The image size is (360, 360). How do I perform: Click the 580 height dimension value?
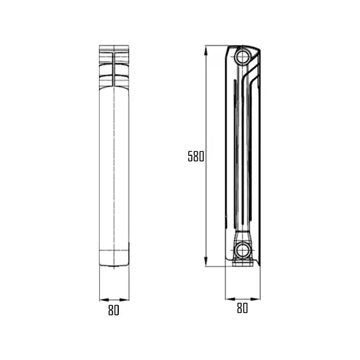tap(195, 157)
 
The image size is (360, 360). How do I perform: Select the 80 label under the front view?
tap(114, 309)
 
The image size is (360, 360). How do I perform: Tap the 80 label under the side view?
tap(241, 308)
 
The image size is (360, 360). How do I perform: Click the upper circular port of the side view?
tap(242, 56)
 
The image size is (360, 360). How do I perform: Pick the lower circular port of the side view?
tap(242, 249)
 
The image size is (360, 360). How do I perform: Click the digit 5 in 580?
tap(190, 157)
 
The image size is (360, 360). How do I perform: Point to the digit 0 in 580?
tap(201, 157)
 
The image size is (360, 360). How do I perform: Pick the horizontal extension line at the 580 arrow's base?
tap(215, 266)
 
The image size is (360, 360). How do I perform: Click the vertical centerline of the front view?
tap(114, 162)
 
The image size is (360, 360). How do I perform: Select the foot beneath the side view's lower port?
tap(242, 263)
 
